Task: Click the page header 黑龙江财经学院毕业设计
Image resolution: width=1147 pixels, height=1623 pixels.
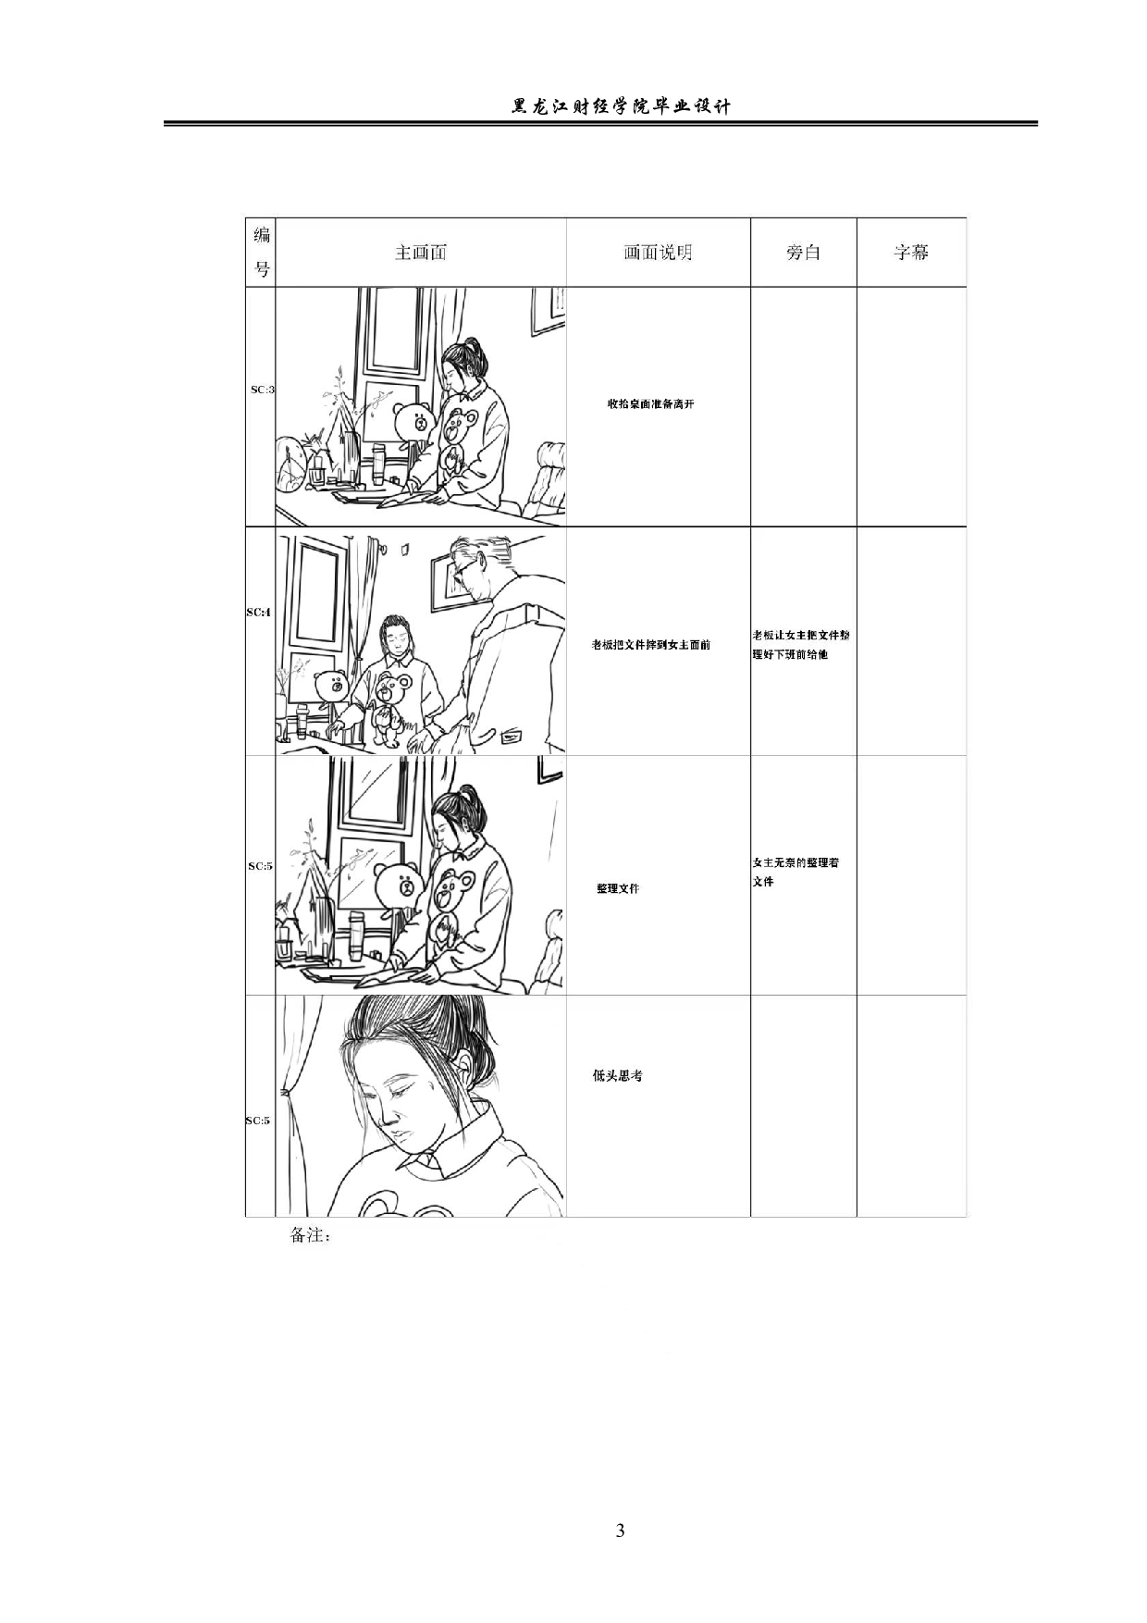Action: (x=621, y=106)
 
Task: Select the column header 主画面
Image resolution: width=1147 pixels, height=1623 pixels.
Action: (x=421, y=253)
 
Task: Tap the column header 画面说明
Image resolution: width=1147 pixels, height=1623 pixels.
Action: (x=658, y=253)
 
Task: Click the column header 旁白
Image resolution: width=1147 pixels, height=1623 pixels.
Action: (x=803, y=253)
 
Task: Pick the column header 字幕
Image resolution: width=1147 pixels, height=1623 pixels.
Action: (x=911, y=253)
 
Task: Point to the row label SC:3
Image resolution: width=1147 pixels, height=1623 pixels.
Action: (x=262, y=390)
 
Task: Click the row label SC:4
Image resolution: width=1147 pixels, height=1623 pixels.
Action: (x=258, y=613)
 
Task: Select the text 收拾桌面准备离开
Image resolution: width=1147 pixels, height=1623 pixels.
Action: (x=650, y=404)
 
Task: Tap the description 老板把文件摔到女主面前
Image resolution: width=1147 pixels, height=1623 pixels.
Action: (x=651, y=645)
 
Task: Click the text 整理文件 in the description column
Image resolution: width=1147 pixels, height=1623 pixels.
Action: (x=618, y=888)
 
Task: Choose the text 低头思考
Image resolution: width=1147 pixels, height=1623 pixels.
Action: (x=618, y=1076)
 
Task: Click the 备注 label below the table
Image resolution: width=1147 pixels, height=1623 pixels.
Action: (x=310, y=1235)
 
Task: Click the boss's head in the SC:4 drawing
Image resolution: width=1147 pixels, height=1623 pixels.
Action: (x=476, y=566)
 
